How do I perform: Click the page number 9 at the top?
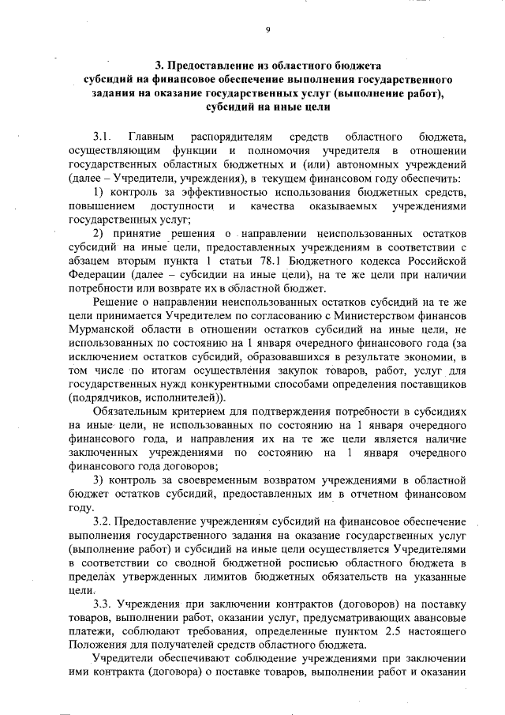(x=267, y=30)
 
